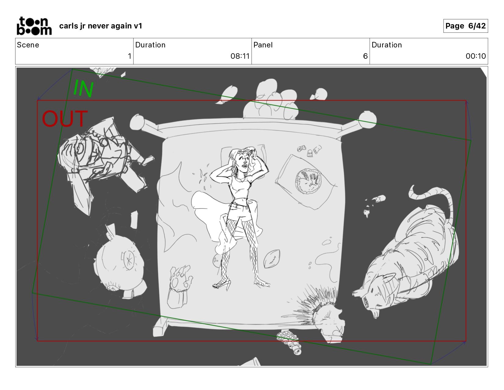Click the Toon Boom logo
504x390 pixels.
coord(34,26)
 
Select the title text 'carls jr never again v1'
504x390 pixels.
coord(100,26)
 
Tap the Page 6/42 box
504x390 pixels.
coord(465,26)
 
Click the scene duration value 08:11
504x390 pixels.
coord(239,56)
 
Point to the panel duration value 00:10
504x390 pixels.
coord(476,56)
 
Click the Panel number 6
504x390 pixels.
coord(365,56)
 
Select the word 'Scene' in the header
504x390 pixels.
coord(28,45)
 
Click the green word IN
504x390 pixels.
coord(83,88)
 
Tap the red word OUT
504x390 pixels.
coord(65,119)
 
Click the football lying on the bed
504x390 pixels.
coord(272,259)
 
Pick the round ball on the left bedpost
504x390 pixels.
coord(137,122)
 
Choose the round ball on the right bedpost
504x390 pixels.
coord(367,119)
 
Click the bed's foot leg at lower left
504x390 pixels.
coord(160,327)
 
